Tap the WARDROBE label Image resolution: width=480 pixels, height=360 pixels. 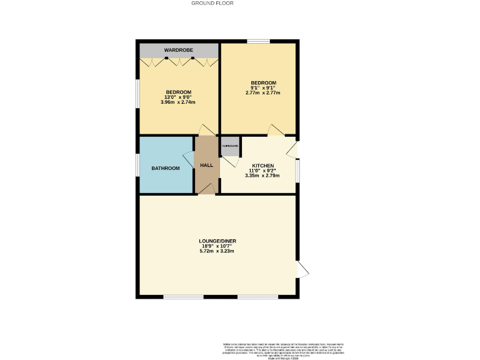click(178, 50)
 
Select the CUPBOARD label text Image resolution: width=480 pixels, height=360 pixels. click(230, 146)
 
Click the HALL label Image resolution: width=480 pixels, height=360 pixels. click(206, 165)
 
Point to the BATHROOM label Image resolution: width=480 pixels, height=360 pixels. click(166, 168)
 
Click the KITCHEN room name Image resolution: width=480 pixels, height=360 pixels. click(262, 166)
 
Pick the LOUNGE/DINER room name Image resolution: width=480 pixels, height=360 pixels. click(217, 241)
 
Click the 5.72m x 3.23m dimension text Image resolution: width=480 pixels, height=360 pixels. click(217, 251)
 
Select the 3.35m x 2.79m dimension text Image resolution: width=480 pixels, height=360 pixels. click(262, 176)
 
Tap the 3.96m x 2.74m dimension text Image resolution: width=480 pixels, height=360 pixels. click(178, 102)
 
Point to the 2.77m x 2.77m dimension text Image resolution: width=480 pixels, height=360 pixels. click(263, 92)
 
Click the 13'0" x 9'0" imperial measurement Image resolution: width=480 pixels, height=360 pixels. click(178, 97)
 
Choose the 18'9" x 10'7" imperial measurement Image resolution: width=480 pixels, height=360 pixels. click(217, 246)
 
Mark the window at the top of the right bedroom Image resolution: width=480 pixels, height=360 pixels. click(259, 41)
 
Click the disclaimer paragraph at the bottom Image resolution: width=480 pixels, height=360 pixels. click(283, 350)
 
